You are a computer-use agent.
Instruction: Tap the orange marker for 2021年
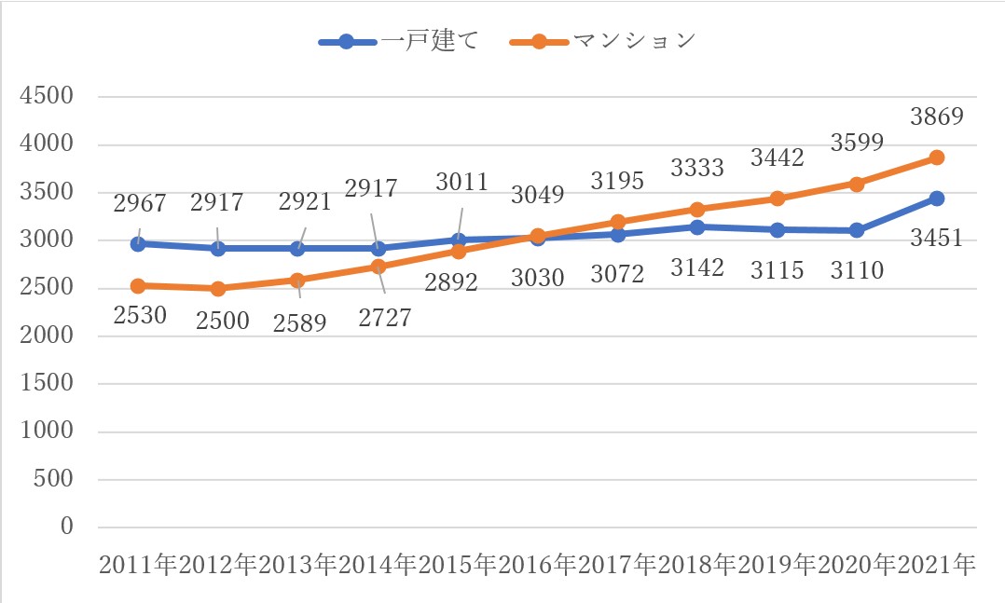[x=936, y=158]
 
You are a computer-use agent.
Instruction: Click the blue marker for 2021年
[x=936, y=198]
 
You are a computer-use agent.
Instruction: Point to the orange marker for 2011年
[x=139, y=285]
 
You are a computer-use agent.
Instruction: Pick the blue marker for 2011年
[x=139, y=243]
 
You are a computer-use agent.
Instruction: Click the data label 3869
[x=936, y=117]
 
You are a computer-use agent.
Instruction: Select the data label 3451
[x=936, y=240]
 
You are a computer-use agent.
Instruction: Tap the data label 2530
[x=139, y=315]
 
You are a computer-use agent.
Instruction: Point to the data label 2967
[x=139, y=204]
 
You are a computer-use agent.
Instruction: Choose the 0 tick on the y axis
[x=65, y=527]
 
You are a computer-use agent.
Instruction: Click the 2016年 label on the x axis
[x=538, y=565]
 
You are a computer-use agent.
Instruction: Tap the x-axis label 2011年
[x=139, y=565]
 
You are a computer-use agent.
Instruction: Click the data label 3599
[x=856, y=144]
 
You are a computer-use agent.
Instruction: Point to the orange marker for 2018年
[x=696, y=209]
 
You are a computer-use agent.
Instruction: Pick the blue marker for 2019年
[x=777, y=229]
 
